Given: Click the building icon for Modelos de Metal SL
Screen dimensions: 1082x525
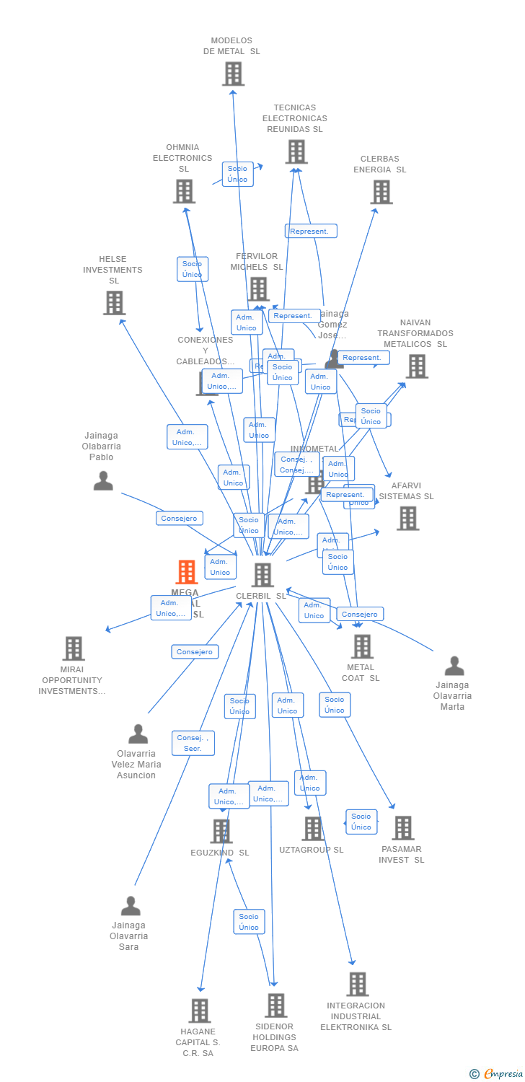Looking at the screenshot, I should click(233, 74).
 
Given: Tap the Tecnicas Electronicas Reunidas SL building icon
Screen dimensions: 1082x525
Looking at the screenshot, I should click(296, 151).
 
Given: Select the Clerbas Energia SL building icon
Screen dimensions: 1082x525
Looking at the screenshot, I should click(381, 192).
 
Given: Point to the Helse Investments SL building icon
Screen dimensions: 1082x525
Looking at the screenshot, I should click(114, 303).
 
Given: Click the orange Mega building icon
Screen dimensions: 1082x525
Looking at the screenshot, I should click(187, 572).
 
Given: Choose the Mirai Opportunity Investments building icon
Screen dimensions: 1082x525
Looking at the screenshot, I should click(74, 648).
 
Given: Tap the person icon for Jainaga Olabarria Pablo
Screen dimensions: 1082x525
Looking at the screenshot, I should click(103, 480).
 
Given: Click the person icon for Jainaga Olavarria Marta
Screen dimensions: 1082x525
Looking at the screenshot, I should click(454, 666).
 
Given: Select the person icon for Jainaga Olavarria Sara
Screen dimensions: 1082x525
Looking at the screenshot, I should click(131, 906).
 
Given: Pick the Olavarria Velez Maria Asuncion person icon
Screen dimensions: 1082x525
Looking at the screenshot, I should click(138, 734).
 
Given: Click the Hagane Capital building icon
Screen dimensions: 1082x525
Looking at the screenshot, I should click(200, 1011).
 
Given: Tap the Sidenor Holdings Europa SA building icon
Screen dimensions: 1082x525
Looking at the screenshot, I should click(275, 1006).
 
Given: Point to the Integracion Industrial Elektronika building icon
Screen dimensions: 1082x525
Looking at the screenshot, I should click(357, 984).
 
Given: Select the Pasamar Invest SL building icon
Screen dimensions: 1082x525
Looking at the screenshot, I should click(403, 828).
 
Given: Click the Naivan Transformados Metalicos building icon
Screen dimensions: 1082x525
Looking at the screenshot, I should click(416, 366).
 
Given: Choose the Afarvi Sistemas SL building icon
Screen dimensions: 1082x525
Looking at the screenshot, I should click(407, 518).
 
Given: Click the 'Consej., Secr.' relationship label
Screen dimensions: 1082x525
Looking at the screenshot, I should click(193, 743).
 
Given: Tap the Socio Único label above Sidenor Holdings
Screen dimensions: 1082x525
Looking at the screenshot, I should click(249, 922).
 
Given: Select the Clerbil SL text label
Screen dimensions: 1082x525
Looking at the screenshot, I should click(261, 596).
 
